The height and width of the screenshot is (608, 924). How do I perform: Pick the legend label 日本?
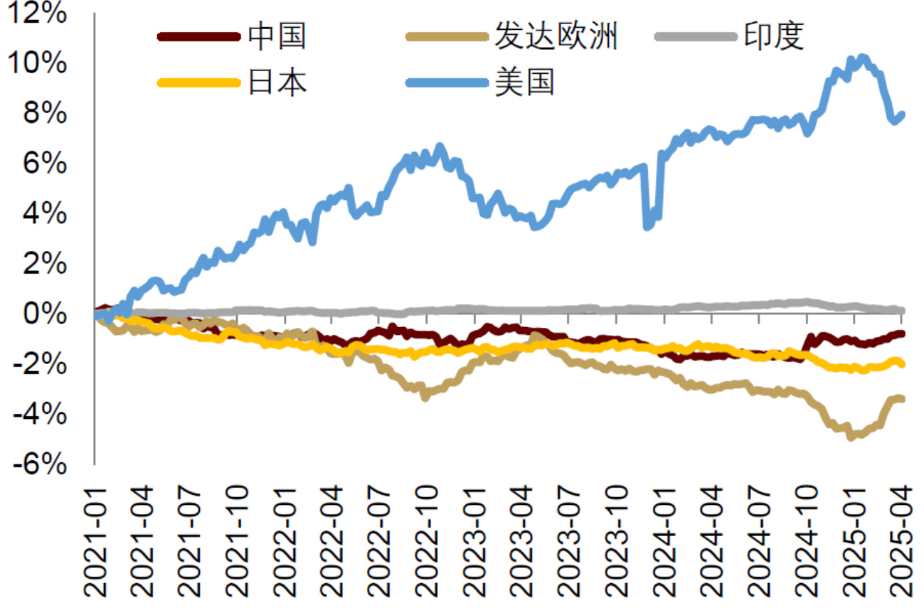[x=277, y=82]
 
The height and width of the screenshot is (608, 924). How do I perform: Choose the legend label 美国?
[x=524, y=82]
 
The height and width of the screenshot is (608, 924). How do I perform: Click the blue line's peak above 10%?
[x=862, y=58]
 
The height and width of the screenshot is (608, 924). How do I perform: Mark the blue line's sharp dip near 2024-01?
[x=647, y=225]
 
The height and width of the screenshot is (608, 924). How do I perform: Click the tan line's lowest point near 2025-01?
[x=851, y=436]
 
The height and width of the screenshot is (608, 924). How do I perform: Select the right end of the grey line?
[x=902, y=310]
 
